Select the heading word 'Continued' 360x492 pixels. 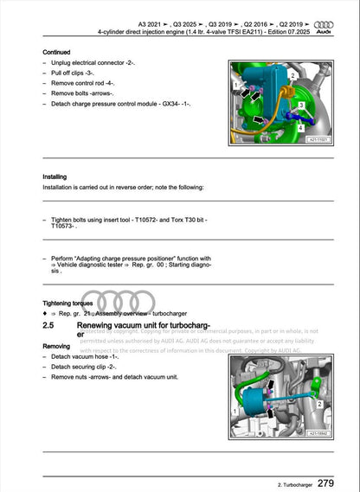pos(57,52)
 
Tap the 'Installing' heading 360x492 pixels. pos(55,176)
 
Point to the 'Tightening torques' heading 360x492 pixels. pos(70,304)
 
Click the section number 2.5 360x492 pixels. pos(50,326)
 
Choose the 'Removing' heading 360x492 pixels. pos(57,345)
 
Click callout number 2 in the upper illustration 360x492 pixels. pos(293,75)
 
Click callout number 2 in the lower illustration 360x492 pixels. pos(320,403)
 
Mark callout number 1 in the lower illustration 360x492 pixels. pos(238,388)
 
